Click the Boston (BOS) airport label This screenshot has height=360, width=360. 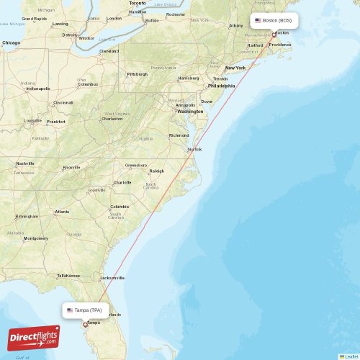click(x=276, y=20)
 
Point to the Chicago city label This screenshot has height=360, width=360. click(x=11, y=43)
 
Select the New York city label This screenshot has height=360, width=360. click(x=235, y=68)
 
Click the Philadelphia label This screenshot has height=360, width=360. click(x=221, y=86)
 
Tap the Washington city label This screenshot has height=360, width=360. click(x=190, y=112)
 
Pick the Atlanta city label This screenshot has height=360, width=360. click(x=63, y=212)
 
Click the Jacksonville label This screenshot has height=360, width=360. click(x=112, y=277)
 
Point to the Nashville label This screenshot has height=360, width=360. click(x=25, y=163)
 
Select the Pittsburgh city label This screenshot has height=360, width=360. click(x=137, y=74)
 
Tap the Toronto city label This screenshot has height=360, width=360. click(x=137, y=3)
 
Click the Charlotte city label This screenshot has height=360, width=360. click(x=122, y=182)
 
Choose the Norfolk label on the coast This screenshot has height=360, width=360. click(x=194, y=149)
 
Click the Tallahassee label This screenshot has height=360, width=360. click(x=68, y=275)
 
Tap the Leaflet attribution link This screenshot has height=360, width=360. click(x=351, y=356)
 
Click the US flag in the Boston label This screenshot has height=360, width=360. click(x=258, y=20)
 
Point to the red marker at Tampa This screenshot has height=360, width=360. click(x=85, y=324)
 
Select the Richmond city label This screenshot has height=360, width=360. click(x=179, y=135)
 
